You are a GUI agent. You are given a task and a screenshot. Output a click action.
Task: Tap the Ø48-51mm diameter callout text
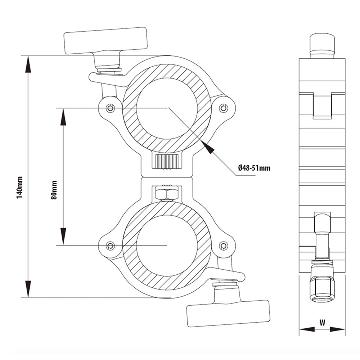pyautogui.click(x=254, y=168)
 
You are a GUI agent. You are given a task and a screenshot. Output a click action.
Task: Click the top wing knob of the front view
pyautogui.click(x=106, y=40)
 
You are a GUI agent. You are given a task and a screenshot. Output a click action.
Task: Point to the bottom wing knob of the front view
pyautogui.click(x=228, y=312)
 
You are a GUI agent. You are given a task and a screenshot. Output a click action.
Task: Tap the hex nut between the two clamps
pyautogui.click(x=166, y=194)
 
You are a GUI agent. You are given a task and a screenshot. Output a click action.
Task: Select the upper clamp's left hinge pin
pyautogui.click(x=111, y=108)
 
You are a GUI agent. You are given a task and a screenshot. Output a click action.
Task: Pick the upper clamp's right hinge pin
pyautogui.click(x=224, y=108)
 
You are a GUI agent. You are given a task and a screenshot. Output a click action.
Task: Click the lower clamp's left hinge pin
pyautogui.click(x=111, y=246)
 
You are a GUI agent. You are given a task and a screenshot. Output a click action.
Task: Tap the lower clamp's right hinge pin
pyautogui.click(x=224, y=246)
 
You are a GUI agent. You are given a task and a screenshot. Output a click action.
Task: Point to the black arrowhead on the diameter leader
pyautogui.click(x=208, y=147)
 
